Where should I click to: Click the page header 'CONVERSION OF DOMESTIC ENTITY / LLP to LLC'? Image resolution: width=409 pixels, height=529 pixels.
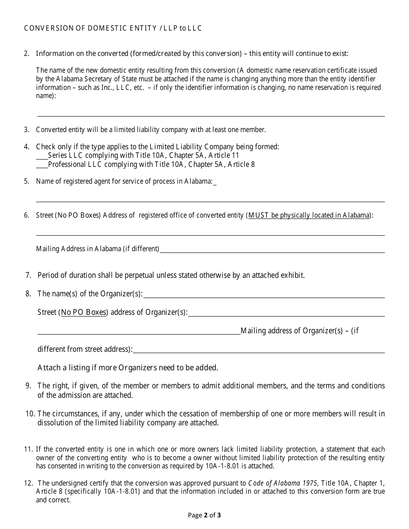113,28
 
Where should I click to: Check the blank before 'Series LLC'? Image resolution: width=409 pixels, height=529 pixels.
42,156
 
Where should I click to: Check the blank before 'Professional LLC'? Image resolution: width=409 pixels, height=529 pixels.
42,165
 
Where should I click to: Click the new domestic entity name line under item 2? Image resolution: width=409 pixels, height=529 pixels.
211,113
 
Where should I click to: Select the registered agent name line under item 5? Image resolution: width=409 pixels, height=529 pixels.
210,198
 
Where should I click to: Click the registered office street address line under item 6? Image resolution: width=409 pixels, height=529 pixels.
210,232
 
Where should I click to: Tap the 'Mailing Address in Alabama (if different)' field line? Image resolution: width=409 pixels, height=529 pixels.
272,249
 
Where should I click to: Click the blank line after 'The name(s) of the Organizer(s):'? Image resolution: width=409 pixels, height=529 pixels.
264,295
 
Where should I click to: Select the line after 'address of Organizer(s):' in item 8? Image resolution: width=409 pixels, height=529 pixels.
286,313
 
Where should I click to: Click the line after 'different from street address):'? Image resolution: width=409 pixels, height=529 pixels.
259,350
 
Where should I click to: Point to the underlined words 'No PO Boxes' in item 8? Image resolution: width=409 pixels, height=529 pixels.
84,313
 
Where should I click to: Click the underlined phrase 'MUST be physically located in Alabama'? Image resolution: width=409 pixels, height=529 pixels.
309,215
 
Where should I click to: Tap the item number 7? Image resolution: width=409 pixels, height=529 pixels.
28,275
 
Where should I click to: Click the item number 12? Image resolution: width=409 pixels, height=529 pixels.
28,483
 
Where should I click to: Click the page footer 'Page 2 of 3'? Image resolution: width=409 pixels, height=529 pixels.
204,515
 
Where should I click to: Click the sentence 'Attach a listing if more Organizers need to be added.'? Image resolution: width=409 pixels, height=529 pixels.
128,368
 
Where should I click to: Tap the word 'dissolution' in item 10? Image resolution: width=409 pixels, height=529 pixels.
56,423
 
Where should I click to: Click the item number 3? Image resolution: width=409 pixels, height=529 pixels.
27,130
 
